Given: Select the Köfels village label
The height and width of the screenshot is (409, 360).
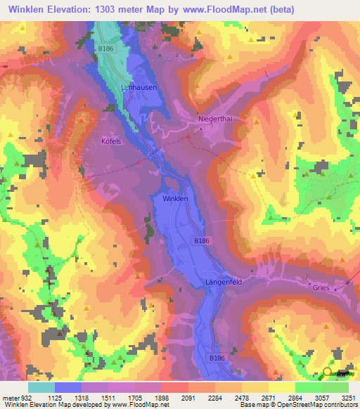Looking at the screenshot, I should pos(112,141).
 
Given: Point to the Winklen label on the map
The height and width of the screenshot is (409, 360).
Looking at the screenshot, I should pos(175,199).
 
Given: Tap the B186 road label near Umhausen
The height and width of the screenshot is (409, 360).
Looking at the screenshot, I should pos(105,48).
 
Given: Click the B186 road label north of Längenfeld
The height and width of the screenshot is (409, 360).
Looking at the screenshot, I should pos(201,240).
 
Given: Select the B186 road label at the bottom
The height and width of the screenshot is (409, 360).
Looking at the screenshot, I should pos(217,358).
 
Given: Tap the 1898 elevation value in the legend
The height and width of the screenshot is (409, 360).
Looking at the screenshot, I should pos(160,398).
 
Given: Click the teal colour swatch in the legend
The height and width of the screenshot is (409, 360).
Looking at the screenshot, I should pos(41,387).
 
